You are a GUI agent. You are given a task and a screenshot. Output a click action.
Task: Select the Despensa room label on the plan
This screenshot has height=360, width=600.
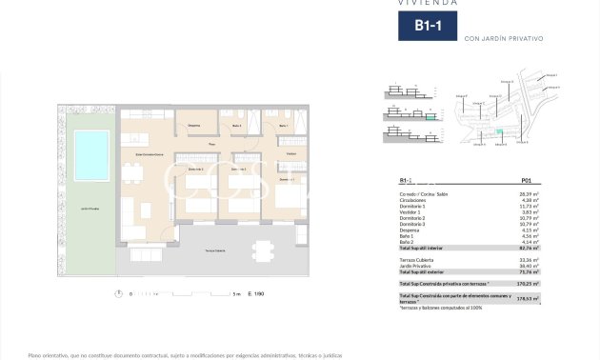(193, 126)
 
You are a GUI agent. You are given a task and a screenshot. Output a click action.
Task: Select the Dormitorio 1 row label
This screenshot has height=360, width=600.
(414, 205)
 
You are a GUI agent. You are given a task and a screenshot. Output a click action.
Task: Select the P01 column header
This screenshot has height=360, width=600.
(527, 180)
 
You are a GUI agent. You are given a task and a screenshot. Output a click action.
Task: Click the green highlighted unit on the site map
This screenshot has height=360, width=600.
(496, 130)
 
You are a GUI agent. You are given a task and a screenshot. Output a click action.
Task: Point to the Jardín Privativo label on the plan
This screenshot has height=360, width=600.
(91, 207)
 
